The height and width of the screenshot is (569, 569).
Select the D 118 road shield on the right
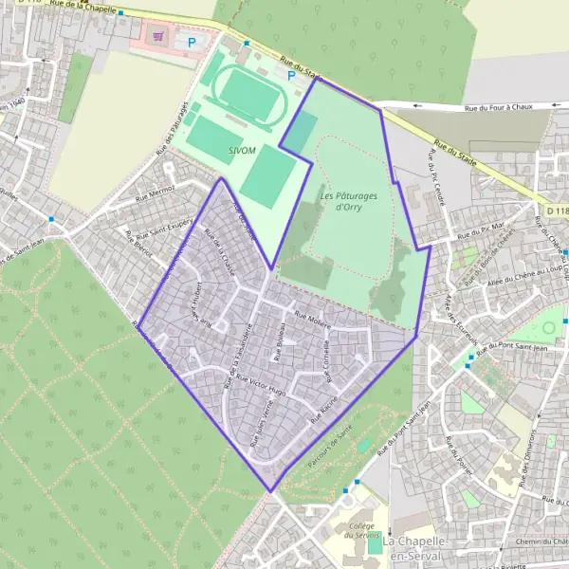[557, 209]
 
